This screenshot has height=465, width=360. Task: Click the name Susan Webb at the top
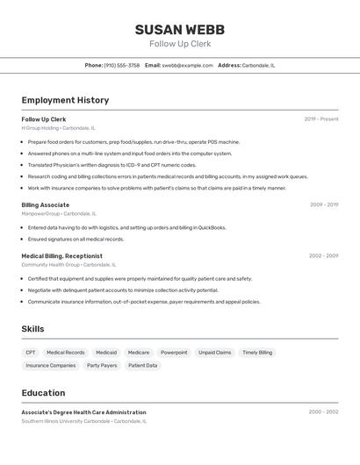click(180, 30)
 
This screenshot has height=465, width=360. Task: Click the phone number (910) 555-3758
click(122, 65)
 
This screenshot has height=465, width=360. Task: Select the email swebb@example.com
click(187, 65)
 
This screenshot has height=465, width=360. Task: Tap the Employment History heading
click(65, 100)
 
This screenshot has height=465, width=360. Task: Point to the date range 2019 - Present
click(321, 119)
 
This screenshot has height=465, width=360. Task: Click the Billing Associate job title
click(46, 204)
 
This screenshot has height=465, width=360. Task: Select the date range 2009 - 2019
click(324, 204)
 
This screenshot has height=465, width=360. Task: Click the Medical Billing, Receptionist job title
click(62, 255)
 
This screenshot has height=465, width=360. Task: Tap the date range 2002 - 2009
click(323, 255)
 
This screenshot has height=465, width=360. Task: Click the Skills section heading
click(33, 329)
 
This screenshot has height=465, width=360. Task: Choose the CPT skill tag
click(31, 353)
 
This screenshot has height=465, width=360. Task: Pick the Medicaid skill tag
click(106, 353)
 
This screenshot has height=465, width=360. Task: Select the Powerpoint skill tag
click(174, 353)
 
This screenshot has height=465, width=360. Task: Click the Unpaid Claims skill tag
click(214, 353)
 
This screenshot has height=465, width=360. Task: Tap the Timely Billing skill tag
click(257, 353)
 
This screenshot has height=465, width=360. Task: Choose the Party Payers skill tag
click(102, 365)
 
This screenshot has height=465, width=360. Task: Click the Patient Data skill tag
click(143, 365)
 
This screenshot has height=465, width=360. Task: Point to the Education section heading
click(43, 393)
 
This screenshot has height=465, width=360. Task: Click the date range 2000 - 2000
click(323, 411)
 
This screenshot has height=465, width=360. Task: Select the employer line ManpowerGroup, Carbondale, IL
click(59, 213)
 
